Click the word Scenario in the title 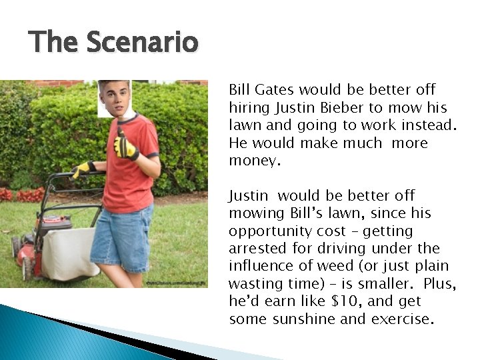(x=143, y=43)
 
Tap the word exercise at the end (x=402, y=319)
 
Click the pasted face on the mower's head (x=114, y=98)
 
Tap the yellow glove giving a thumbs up (x=124, y=146)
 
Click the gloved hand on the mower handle (x=83, y=169)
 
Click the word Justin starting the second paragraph (x=248, y=196)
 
